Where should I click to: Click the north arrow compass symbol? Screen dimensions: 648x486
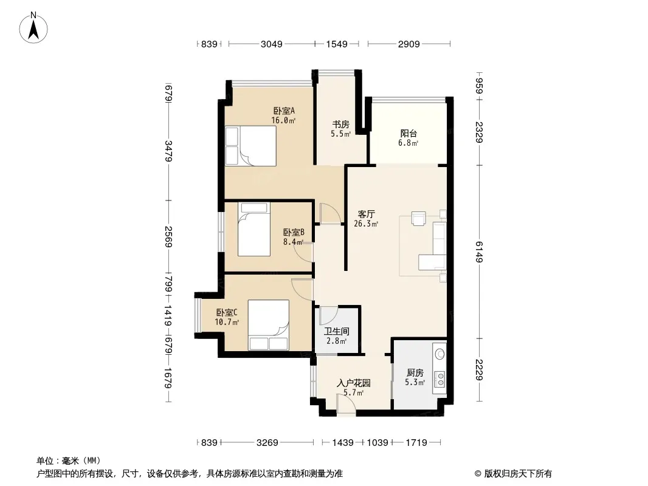(x=33, y=28)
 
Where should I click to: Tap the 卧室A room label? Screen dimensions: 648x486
(x=284, y=111)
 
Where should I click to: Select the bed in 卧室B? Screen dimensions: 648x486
(x=254, y=229)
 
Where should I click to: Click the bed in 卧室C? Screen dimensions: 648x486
(x=268, y=325)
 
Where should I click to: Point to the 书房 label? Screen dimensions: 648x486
(x=341, y=124)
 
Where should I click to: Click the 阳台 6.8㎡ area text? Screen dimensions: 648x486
(x=408, y=143)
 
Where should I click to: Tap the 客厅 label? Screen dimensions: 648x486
(x=366, y=214)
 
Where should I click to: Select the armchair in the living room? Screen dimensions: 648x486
(x=419, y=219)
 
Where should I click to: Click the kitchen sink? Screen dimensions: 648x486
(x=440, y=354)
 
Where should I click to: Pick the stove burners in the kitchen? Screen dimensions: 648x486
(x=440, y=379)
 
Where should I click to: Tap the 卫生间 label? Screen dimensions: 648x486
(x=336, y=331)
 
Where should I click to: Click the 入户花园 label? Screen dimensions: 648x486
(x=354, y=383)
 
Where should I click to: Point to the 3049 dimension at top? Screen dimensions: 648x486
(x=272, y=44)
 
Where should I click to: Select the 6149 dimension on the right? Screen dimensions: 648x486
(x=480, y=252)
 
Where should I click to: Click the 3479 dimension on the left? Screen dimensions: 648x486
(x=168, y=151)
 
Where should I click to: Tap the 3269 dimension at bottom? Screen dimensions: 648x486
(x=267, y=443)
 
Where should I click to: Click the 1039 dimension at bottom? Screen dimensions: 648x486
(x=377, y=443)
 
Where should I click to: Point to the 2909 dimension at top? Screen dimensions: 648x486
(x=409, y=44)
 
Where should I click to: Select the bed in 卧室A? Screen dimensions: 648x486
(x=251, y=146)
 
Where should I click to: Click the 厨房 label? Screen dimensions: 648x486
(x=415, y=373)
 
